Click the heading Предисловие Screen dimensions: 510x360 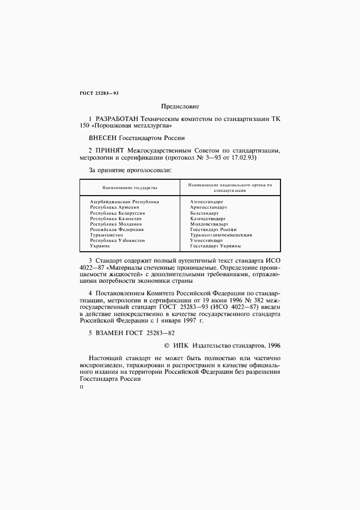(180, 106)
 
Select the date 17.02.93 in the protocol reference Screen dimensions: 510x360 (243, 157)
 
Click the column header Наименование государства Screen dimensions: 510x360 (124, 187)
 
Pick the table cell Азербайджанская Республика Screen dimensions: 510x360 (124, 202)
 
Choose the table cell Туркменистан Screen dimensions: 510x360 (106, 235)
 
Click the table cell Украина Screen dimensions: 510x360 (100, 246)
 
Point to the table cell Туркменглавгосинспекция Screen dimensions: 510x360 (221, 235)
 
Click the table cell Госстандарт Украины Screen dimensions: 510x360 (215, 246)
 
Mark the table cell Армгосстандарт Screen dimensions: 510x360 (208, 207)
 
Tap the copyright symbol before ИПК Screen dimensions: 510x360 (167, 345)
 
